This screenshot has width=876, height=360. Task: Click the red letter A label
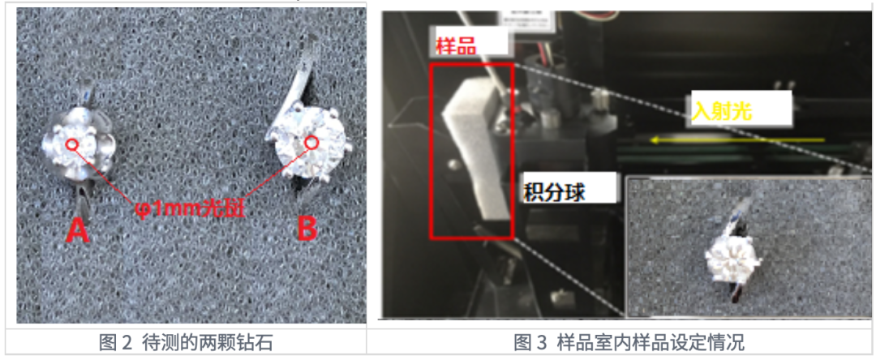[77, 230]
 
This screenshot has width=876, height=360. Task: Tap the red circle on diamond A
[71, 145]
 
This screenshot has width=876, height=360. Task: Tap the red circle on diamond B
[311, 143]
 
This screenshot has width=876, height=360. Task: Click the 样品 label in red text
[456, 45]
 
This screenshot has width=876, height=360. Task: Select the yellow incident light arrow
[737, 140]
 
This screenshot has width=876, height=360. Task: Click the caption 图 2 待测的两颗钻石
[186, 342]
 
